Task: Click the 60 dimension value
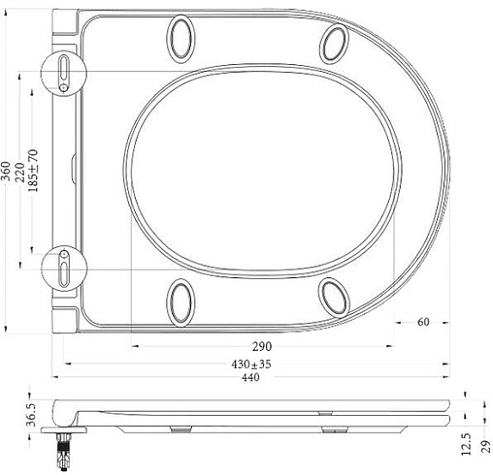pos(425,323)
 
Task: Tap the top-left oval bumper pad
pos(181,36)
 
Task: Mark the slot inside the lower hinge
pos(64,264)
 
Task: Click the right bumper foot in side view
pos(331,426)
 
